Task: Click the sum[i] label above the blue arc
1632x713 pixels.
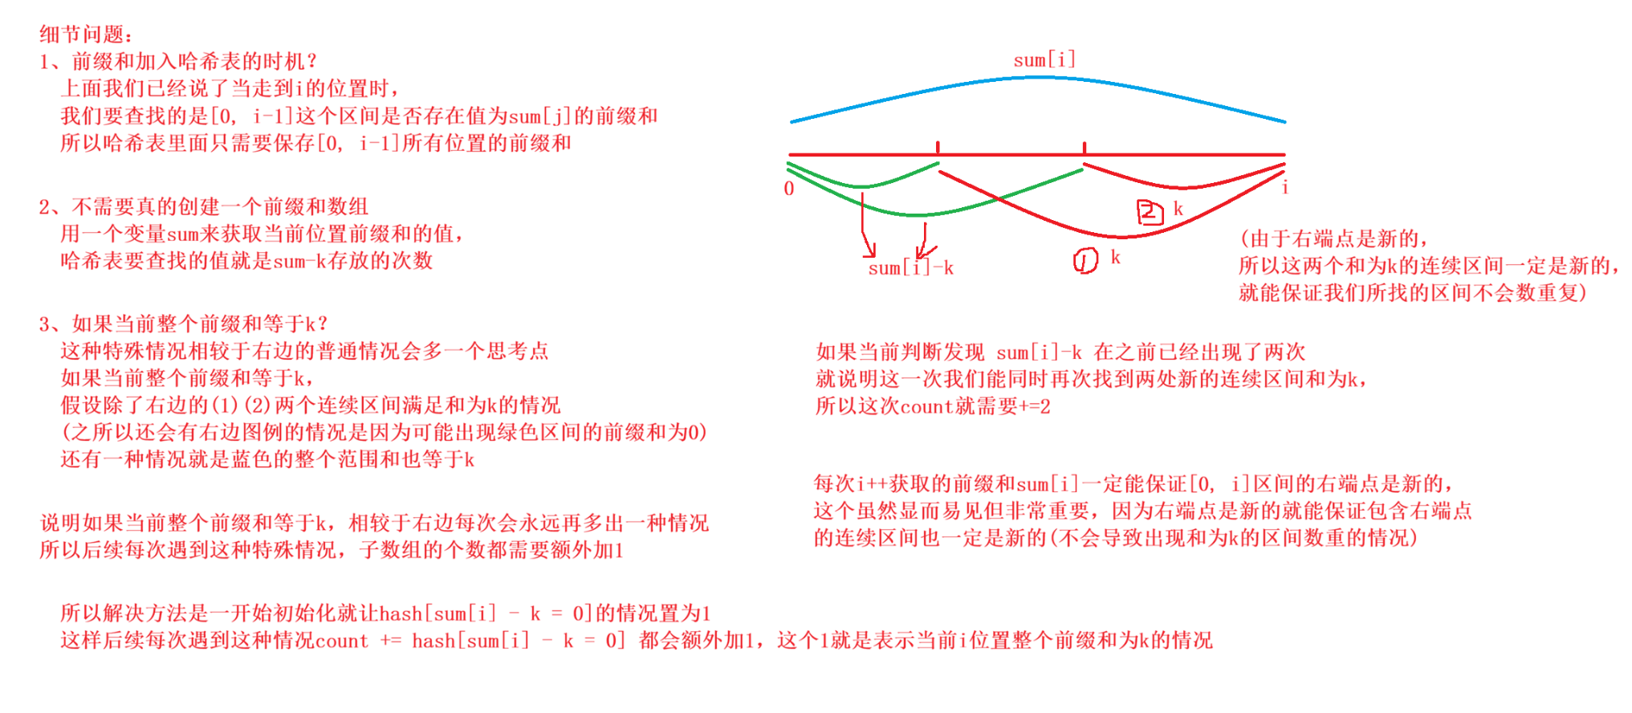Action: pos(1044,60)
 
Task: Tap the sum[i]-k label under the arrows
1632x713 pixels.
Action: pos(910,268)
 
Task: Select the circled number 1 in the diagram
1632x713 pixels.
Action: pos(1085,260)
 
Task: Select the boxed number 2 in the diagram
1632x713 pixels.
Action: pos(1150,212)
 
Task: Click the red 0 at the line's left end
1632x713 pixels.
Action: pos(789,189)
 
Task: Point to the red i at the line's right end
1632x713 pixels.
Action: pos(1284,188)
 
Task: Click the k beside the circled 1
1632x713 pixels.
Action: pos(1115,258)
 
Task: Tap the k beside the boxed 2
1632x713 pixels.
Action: pos(1178,209)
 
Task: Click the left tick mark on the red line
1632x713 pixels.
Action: pos(938,148)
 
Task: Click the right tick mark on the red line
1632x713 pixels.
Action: pos(1084,148)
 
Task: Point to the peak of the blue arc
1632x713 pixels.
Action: pos(1040,78)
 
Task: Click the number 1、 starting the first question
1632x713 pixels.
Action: pos(51,62)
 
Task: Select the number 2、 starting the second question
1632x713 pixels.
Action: pos(51,207)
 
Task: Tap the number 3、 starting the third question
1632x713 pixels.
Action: pos(51,324)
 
